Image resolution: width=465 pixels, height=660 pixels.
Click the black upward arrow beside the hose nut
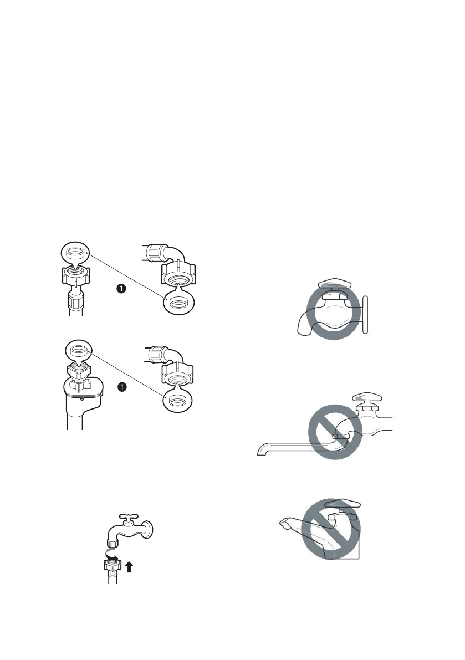point(129,566)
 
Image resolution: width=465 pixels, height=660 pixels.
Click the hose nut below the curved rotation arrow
point(111,566)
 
